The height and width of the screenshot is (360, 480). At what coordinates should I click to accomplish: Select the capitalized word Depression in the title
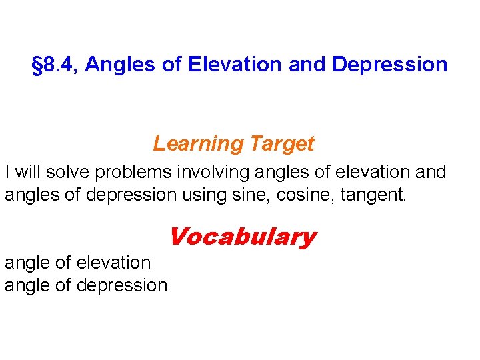coord(389,65)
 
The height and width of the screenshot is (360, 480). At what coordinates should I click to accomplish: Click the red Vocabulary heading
coord(242,237)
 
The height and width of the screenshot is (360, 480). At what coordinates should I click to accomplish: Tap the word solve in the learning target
coord(71,172)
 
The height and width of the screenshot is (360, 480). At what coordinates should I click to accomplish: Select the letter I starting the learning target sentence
coord(7,172)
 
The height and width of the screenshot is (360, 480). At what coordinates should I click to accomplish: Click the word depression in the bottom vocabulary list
coord(123,285)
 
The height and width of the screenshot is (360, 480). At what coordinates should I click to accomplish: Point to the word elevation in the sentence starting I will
coord(375,172)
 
